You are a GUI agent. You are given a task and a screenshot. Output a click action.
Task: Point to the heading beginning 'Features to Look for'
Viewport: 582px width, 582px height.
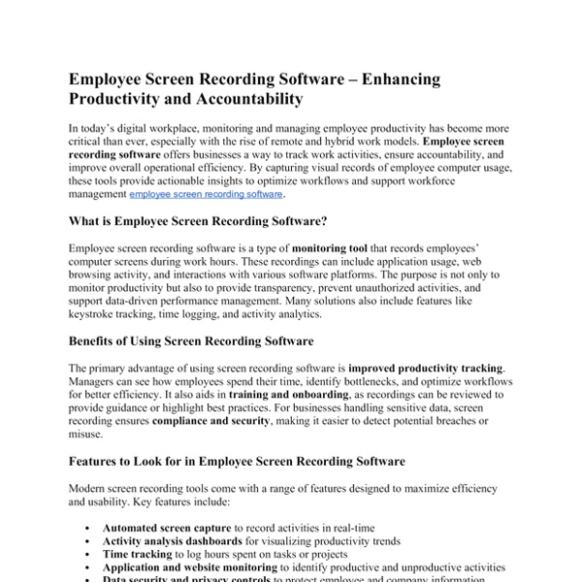coord(237,461)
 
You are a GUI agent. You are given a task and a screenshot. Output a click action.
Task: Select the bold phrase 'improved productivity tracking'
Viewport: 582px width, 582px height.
coord(426,369)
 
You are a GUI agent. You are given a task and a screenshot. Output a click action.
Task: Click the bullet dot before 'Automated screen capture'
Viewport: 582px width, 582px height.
coord(88,527)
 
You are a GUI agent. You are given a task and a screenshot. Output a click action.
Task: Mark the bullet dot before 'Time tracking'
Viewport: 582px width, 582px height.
coord(88,554)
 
